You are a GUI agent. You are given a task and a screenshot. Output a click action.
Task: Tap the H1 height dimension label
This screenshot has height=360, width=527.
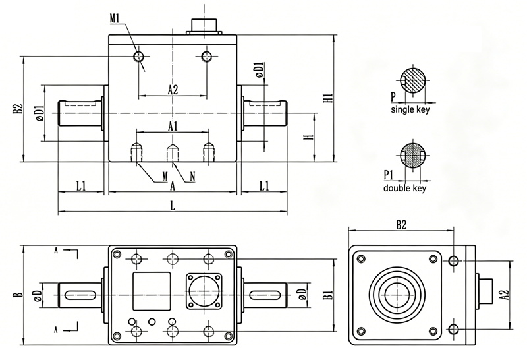327,100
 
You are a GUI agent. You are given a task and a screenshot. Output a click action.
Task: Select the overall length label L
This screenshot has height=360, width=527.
172,205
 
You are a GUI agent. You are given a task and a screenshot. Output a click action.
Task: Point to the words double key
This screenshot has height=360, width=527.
404,188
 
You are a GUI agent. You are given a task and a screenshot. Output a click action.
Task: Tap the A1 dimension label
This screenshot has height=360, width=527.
172,125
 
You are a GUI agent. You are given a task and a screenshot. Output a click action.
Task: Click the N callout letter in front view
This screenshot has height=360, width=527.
192,176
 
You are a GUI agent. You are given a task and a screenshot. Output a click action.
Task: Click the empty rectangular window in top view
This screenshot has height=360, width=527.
152,291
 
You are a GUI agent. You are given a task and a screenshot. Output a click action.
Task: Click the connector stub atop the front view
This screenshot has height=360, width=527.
205,25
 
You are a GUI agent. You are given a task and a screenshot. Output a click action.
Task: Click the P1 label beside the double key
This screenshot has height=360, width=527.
388,175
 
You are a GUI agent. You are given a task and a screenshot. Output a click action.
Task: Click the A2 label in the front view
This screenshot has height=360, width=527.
172,90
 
